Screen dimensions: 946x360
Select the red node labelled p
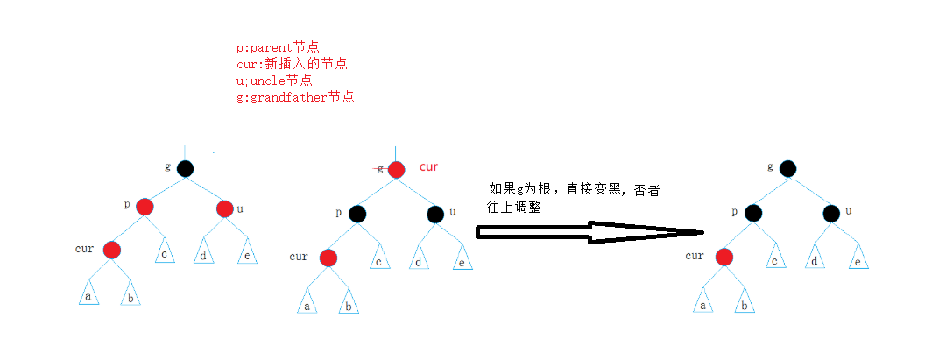click(145, 208)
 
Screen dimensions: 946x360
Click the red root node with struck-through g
click(396, 170)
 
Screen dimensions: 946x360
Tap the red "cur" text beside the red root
click(428, 166)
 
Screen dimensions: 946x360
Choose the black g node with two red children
click(184, 169)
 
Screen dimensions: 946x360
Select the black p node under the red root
click(357, 214)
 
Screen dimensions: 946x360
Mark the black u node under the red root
click(435, 214)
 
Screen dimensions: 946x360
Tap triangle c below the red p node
click(166, 252)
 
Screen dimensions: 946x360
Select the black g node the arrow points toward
click(787, 168)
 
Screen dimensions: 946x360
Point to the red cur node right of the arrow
click(724, 257)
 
